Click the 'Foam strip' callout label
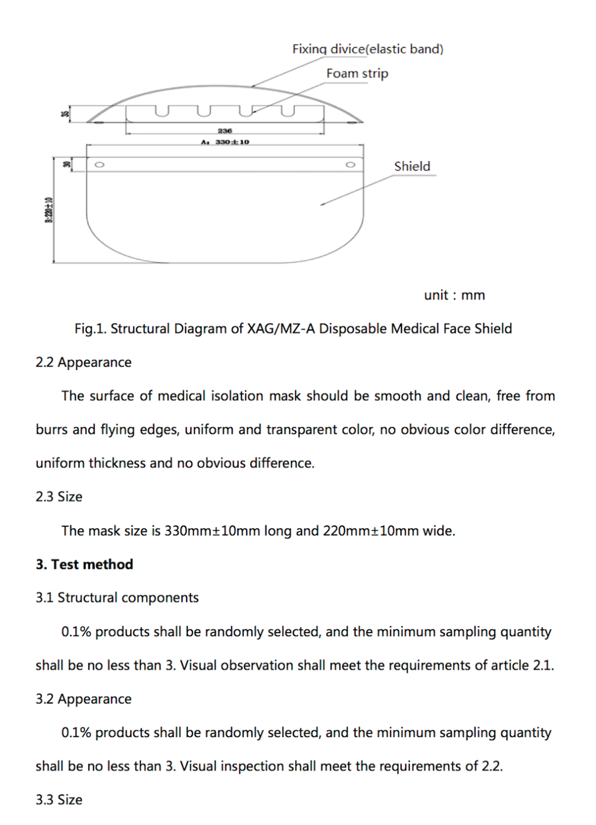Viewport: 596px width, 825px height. [357, 74]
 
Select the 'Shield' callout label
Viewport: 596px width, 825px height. [412, 167]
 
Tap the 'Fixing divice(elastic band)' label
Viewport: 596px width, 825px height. [367, 49]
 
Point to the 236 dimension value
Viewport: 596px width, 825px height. [225, 131]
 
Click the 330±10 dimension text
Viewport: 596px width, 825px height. [232, 142]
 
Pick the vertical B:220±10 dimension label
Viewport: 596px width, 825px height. [50, 210]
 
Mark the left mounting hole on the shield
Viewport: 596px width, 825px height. [100, 165]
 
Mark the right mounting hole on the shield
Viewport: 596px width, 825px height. [350, 165]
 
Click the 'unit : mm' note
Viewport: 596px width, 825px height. [454, 295]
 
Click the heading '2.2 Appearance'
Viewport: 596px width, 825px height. [84, 362]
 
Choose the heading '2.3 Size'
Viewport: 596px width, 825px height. [59, 497]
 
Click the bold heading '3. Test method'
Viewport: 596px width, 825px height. [84, 564]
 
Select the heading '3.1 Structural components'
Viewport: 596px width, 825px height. [117, 598]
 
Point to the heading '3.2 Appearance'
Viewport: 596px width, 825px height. [84, 699]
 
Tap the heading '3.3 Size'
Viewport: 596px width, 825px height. [59, 800]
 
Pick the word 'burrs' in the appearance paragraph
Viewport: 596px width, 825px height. [51, 430]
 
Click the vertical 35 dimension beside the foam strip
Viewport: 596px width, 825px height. [66, 114]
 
